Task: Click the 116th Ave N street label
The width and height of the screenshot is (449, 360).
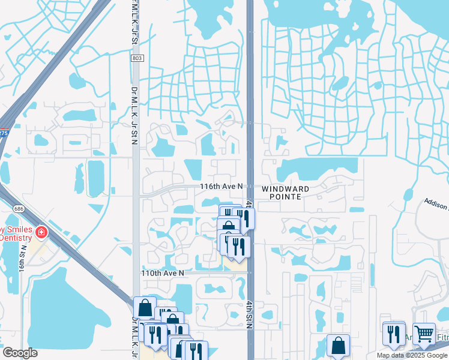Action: click(221, 187)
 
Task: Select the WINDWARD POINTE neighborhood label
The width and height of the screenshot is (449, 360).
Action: click(285, 193)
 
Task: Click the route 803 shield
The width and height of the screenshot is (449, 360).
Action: click(137, 58)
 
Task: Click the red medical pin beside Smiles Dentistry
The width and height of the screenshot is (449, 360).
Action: click(41, 232)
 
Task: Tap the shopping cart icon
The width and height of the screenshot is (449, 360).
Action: click(424, 333)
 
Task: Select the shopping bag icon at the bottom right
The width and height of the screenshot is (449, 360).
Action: click(338, 346)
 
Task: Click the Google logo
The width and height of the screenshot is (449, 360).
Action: click(20, 353)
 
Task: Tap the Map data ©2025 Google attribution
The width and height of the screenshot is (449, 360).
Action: click(411, 355)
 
